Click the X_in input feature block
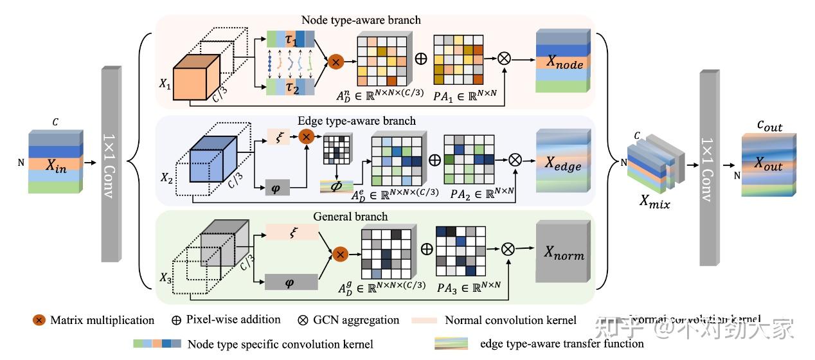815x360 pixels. (x=55, y=163)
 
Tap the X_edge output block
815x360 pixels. (x=563, y=165)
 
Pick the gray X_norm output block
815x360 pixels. (x=563, y=254)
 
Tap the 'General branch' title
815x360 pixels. (x=350, y=216)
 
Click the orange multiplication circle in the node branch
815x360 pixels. (x=336, y=62)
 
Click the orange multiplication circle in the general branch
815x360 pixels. (x=341, y=255)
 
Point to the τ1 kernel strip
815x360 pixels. (x=291, y=37)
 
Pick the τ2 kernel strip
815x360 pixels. (x=291, y=87)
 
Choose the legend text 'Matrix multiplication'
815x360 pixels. (x=102, y=320)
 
